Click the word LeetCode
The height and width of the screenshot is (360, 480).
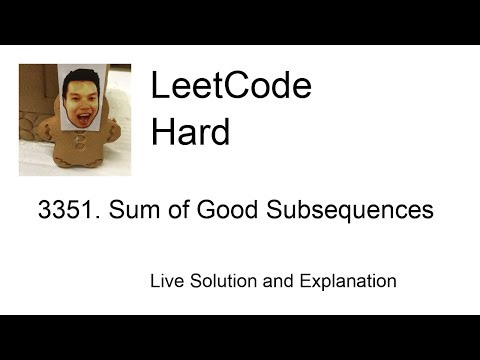(231, 87)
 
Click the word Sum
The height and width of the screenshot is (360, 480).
(130, 211)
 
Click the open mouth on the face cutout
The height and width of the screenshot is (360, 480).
(83, 108)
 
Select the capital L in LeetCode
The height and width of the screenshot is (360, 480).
(158, 87)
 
